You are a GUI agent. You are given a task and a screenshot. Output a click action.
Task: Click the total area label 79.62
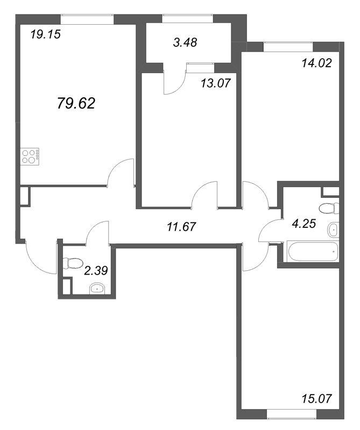pyautogui.click(x=76, y=103)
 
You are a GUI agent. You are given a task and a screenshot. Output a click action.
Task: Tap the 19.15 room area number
pyautogui.click(x=45, y=36)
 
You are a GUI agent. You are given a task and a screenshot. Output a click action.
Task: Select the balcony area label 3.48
pyautogui.click(x=185, y=44)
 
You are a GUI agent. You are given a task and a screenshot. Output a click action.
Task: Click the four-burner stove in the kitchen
pyautogui.click(x=30, y=156)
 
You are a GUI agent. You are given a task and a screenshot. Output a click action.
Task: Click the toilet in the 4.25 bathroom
pyautogui.click(x=328, y=208)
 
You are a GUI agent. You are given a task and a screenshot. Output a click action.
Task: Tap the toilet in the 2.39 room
pyautogui.click(x=71, y=263)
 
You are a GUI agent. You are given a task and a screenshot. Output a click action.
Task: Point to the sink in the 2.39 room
pyautogui.click(x=97, y=289)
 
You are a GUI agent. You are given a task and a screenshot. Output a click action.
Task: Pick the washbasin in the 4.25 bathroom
pyautogui.click(x=334, y=230)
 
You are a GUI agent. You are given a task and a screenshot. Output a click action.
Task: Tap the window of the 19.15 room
pyautogui.click(x=87, y=19)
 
